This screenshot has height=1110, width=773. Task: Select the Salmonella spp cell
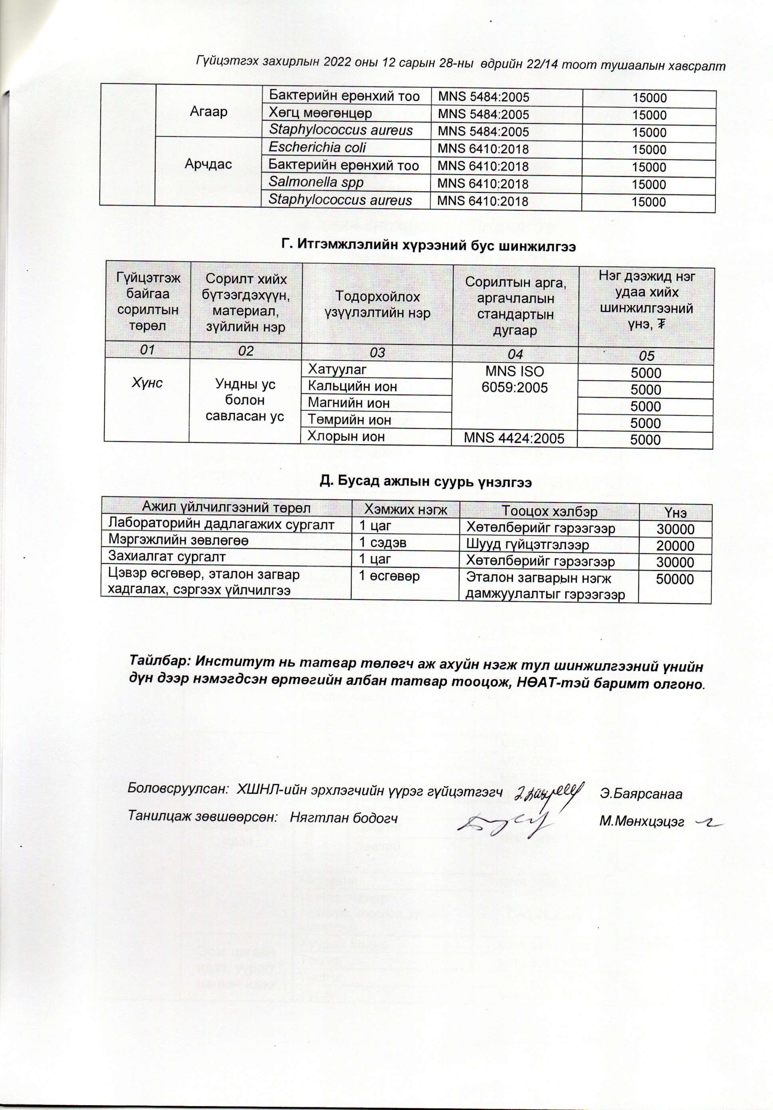pyautogui.click(x=316, y=183)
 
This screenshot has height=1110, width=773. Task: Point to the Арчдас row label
pyautogui.click(x=208, y=164)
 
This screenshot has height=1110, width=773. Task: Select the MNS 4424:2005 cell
pyautogui.click(x=514, y=439)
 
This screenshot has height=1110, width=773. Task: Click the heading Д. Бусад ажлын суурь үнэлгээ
pyautogui.click(x=426, y=482)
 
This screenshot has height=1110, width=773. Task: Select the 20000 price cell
pyautogui.click(x=675, y=546)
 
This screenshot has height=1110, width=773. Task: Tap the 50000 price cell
pyautogui.click(x=675, y=580)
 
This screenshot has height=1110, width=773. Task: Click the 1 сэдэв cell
pyautogui.click(x=382, y=543)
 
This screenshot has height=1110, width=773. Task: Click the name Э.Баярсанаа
pyautogui.click(x=641, y=794)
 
